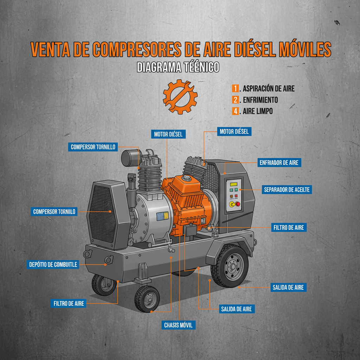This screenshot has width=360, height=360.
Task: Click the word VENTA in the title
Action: point(49,50)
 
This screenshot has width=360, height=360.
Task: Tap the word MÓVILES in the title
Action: point(302,50)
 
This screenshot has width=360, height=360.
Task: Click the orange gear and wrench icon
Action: point(180,96)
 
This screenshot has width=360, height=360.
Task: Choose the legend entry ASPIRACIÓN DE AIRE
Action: point(269,89)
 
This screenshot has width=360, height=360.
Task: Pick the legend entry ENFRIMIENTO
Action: point(260,100)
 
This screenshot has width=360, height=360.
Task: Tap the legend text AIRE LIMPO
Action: point(258,111)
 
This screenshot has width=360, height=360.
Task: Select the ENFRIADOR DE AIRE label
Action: point(279,163)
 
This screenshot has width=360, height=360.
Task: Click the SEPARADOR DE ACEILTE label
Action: point(287,190)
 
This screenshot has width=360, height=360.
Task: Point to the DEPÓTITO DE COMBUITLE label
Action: point(53,264)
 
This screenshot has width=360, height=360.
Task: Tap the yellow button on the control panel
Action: point(232,204)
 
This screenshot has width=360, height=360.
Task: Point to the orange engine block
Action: point(188,200)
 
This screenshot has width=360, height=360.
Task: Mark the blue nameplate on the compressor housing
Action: point(162,217)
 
